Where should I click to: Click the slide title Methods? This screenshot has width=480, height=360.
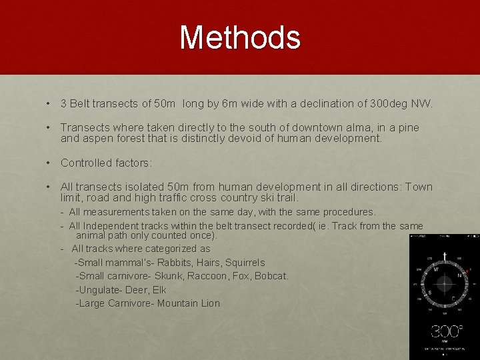(x=240, y=37)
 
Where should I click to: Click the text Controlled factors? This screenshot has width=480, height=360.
(x=106, y=163)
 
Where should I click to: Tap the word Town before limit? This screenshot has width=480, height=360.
(x=418, y=187)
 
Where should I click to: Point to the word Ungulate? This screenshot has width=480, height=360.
(x=101, y=290)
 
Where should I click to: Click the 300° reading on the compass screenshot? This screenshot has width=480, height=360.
(x=445, y=331)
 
